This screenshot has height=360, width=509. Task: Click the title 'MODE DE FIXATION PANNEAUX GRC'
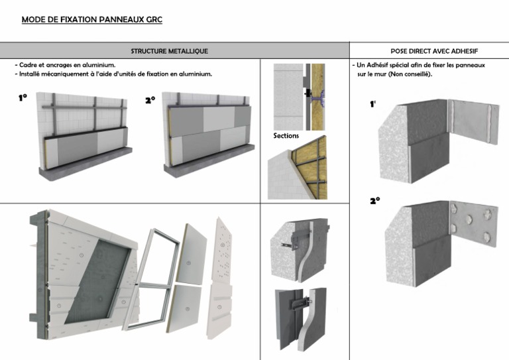pos(91,20)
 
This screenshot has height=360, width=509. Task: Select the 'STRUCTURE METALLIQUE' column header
pos(170,51)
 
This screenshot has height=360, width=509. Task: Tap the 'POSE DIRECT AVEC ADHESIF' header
pos(435,51)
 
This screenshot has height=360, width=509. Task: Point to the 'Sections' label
pos(286,136)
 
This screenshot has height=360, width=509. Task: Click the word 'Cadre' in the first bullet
pos(30,66)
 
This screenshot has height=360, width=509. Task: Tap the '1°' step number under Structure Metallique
pos(23,98)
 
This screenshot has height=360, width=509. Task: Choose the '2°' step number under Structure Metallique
pos(150,101)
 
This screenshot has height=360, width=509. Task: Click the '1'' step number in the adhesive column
pos(374,105)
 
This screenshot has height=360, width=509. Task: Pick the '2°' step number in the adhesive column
pos(374,201)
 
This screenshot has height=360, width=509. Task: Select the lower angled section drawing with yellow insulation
pos(300,169)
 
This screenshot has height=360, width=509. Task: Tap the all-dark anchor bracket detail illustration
pos(302,317)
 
